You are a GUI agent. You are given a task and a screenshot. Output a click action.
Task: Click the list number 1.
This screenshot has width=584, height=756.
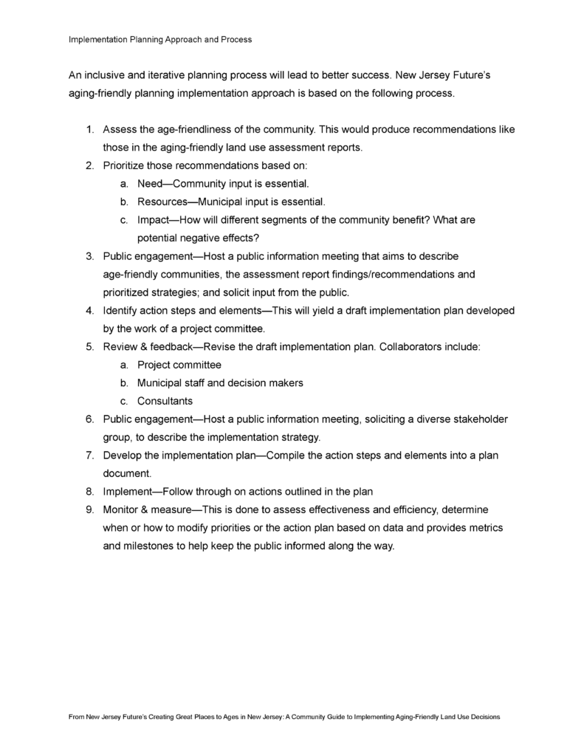[89, 129]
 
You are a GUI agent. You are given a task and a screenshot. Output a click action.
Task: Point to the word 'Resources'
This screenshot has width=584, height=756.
[162, 202]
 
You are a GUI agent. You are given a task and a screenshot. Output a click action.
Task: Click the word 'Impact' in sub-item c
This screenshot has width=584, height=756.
[154, 220]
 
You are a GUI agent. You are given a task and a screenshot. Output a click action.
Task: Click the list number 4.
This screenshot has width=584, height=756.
[89, 310]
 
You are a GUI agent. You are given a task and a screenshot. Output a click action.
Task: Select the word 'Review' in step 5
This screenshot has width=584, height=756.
[120, 346]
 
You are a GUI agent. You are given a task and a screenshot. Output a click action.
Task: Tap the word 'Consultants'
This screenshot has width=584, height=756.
[165, 401]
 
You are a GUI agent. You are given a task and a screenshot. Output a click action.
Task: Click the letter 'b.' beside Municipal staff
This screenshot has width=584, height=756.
[124, 383]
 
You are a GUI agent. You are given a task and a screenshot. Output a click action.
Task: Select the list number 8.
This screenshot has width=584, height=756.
[89, 491]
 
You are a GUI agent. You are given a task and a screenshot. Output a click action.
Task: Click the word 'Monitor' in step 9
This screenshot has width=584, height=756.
[123, 509]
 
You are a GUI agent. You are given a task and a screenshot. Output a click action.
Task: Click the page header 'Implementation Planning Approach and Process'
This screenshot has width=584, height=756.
[160, 39]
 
